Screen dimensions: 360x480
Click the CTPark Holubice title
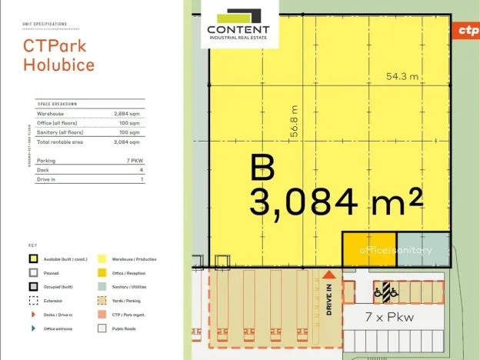tap(59, 55)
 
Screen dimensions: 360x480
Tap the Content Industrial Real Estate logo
tap(239, 25)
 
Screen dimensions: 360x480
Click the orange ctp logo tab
tap(468, 30)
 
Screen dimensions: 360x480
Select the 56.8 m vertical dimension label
tap(293, 122)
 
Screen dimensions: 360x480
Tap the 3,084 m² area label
tap(335, 202)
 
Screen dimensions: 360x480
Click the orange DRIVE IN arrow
tap(328, 275)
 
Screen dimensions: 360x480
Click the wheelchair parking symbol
tap(385, 292)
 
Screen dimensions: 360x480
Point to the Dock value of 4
tap(142, 170)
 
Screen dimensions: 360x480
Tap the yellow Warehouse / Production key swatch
tap(102, 259)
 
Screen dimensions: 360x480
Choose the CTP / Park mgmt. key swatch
tap(102, 315)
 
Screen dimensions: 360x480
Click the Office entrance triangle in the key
tap(33, 328)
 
